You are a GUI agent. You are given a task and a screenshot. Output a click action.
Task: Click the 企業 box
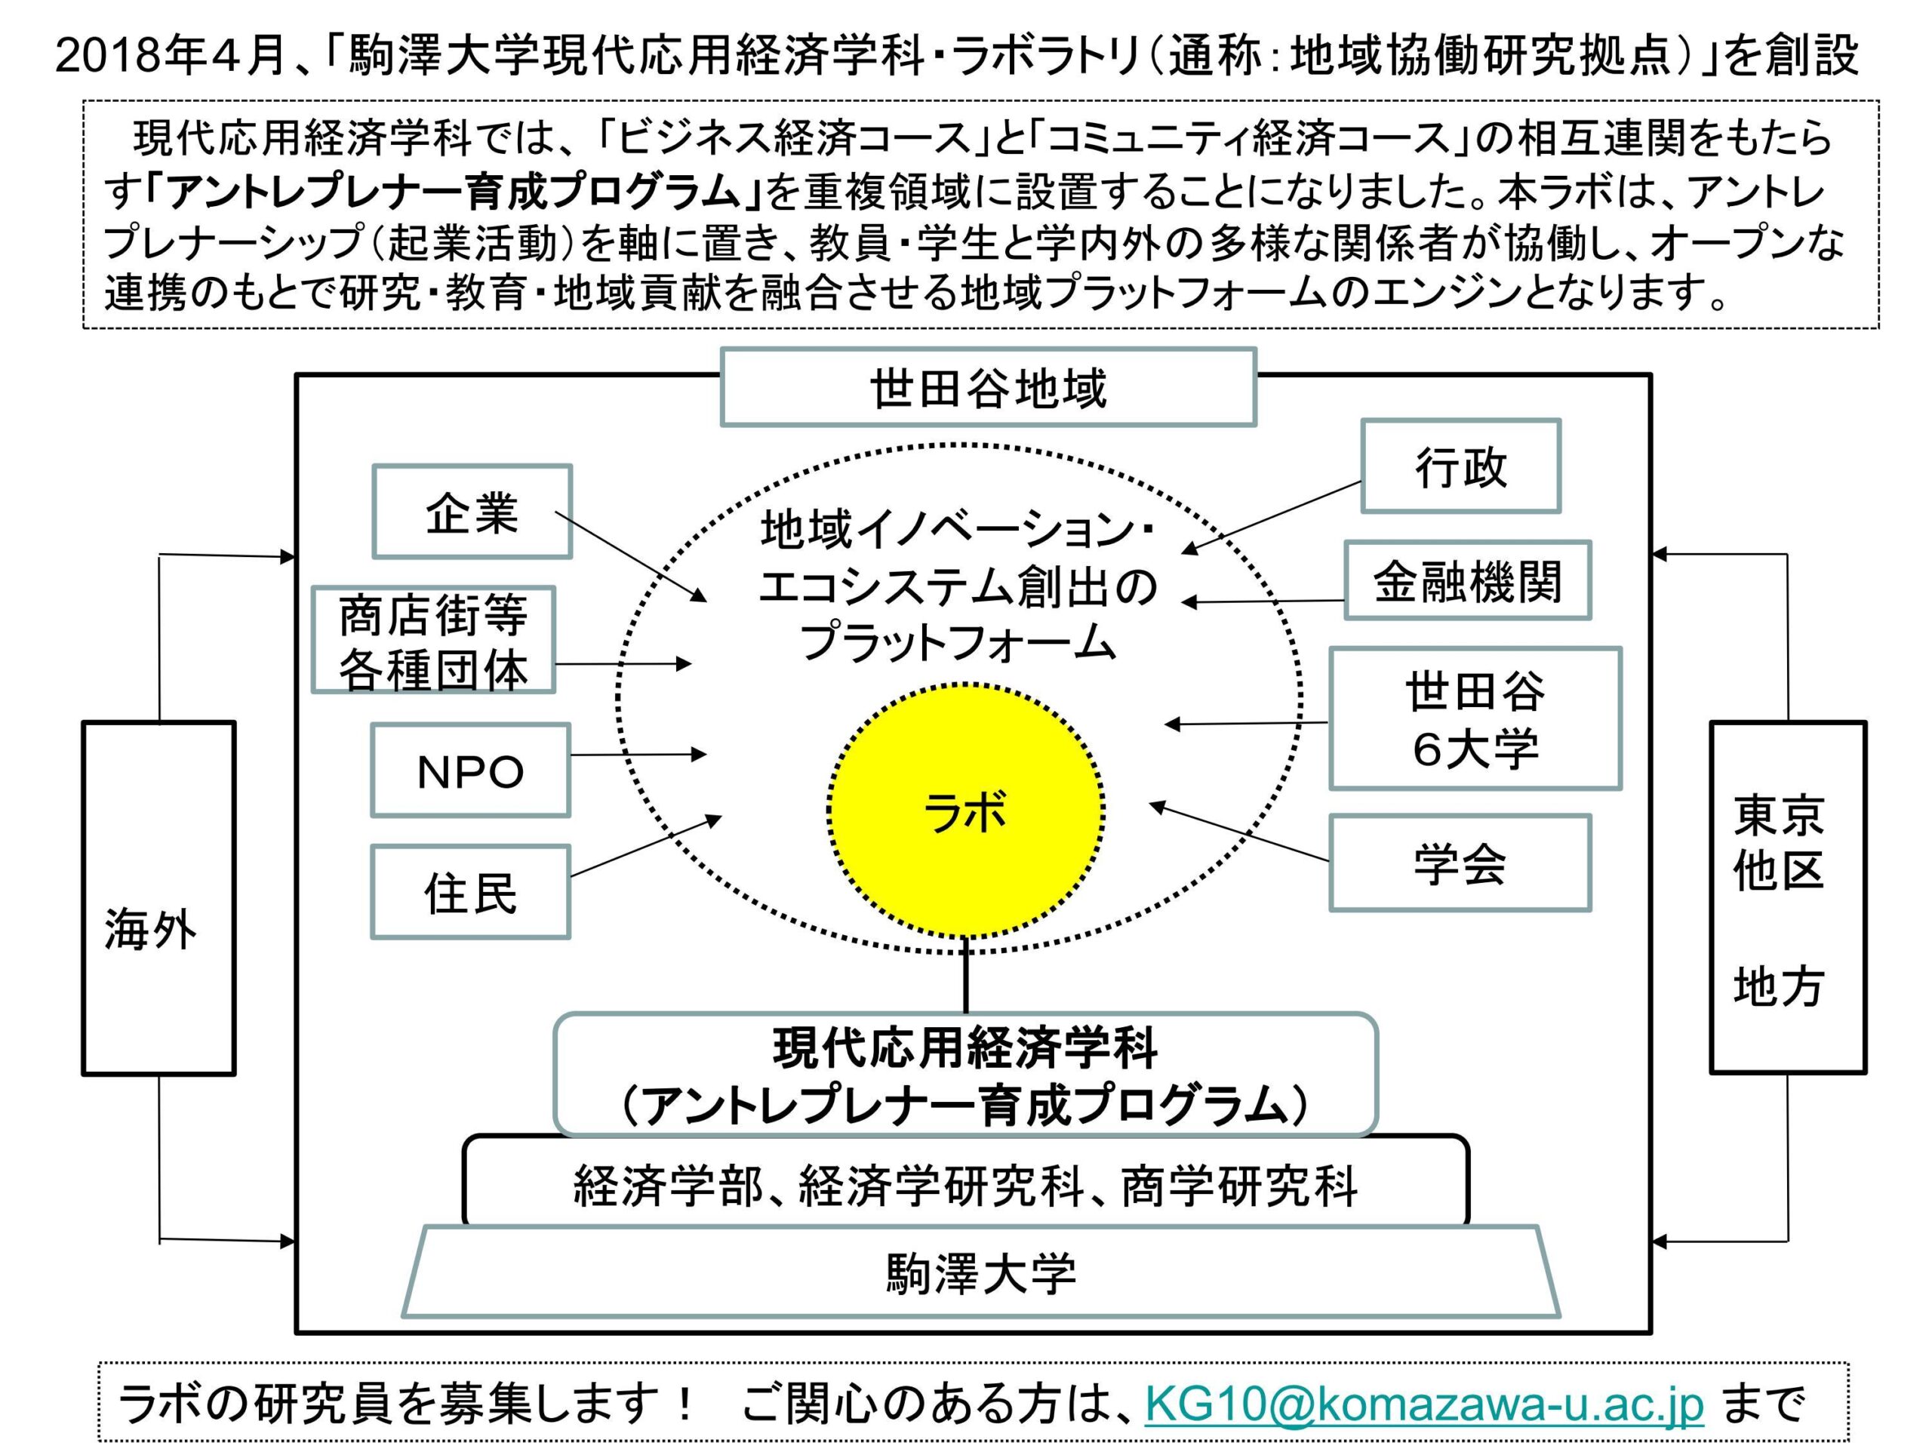(472, 512)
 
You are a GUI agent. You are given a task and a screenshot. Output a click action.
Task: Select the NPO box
(471, 771)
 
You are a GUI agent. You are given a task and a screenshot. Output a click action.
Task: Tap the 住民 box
(471, 892)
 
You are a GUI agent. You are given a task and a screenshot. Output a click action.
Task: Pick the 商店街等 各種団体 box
(433, 640)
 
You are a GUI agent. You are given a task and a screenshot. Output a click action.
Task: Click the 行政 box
(1460, 466)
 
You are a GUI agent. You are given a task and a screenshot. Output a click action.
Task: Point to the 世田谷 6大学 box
(1475, 718)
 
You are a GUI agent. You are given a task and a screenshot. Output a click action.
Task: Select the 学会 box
(1460, 863)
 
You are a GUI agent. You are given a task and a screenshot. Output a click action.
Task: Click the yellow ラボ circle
(965, 811)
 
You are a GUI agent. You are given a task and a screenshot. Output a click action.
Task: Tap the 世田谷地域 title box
(988, 388)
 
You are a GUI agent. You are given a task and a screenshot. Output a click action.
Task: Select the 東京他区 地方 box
(1787, 898)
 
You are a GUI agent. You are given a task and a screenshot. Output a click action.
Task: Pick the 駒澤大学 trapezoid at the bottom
(980, 1272)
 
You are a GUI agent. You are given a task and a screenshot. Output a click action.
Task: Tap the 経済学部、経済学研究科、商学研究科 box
(965, 1185)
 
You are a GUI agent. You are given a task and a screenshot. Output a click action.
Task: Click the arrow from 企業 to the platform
(631, 556)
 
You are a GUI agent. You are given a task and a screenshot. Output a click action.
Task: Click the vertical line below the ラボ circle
(965, 977)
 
